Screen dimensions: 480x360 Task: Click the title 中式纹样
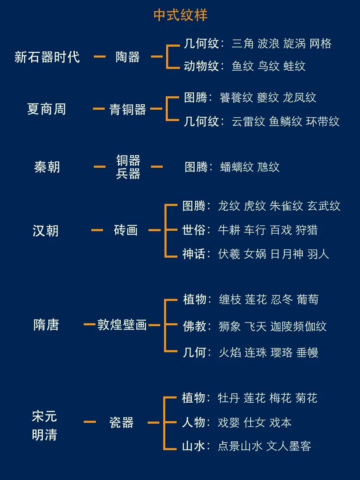click(x=180, y=16)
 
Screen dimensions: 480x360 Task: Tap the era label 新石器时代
click(x=47, y=57)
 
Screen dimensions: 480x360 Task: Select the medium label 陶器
click(x=127, y=57)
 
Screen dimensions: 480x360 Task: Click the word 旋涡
click(x=294, y=44)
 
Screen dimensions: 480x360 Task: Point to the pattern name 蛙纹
click(x=294, y=66)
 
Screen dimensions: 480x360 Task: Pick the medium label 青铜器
click(x=127, y=110)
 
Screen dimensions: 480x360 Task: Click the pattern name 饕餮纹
click(x=236, y=98)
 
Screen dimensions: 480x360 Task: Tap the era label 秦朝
click(x=47, y=167)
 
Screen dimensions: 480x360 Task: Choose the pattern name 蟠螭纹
click(x=237, y=167)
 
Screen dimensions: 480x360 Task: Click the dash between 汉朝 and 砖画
click(x=97, y=230)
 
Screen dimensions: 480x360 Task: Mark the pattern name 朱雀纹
click(x=286, y=206)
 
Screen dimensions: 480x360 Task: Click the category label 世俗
click(x=194, y=230)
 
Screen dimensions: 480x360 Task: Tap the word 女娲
click(x=255, y=254)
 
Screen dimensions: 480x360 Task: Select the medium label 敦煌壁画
click(x=122, y=325)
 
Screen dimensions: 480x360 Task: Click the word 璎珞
click(x=281, y=352)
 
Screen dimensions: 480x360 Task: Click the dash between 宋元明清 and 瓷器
click(x=90, y=422)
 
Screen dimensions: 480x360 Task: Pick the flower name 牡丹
click(x=229, y=398)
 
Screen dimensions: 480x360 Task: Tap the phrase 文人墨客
click(x=289, y=446)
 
